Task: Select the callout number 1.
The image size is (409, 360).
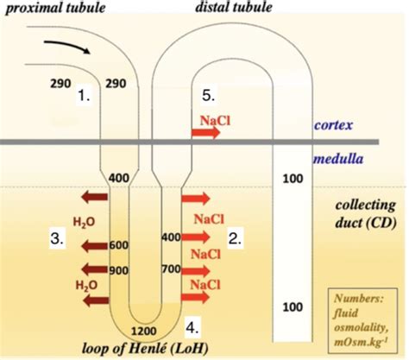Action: (x=84, y=96)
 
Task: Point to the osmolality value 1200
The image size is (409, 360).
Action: (x=151, y=331)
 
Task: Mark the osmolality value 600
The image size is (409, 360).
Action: (x=118, y=245)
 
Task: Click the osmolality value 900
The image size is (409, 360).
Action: (x=118, y=270)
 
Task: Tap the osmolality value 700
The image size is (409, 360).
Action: (x=171, y=270)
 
